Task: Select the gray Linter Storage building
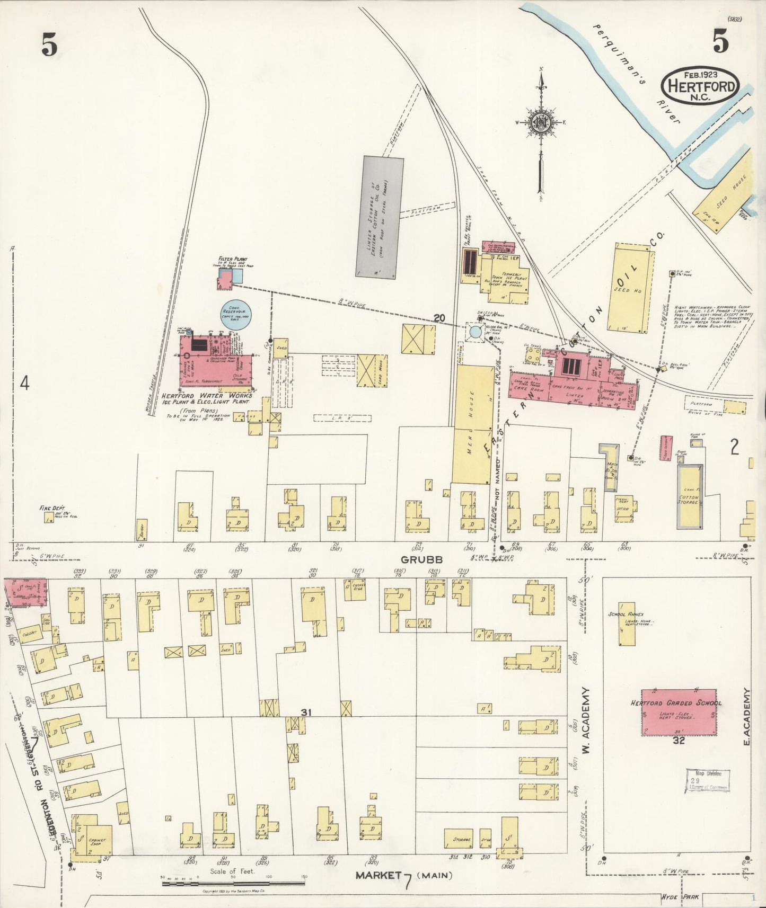pos(379,217)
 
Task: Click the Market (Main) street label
pos(404,875)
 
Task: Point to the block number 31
pos(305,713)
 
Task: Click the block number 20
pos(438,317)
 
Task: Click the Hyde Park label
pos(680,896)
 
